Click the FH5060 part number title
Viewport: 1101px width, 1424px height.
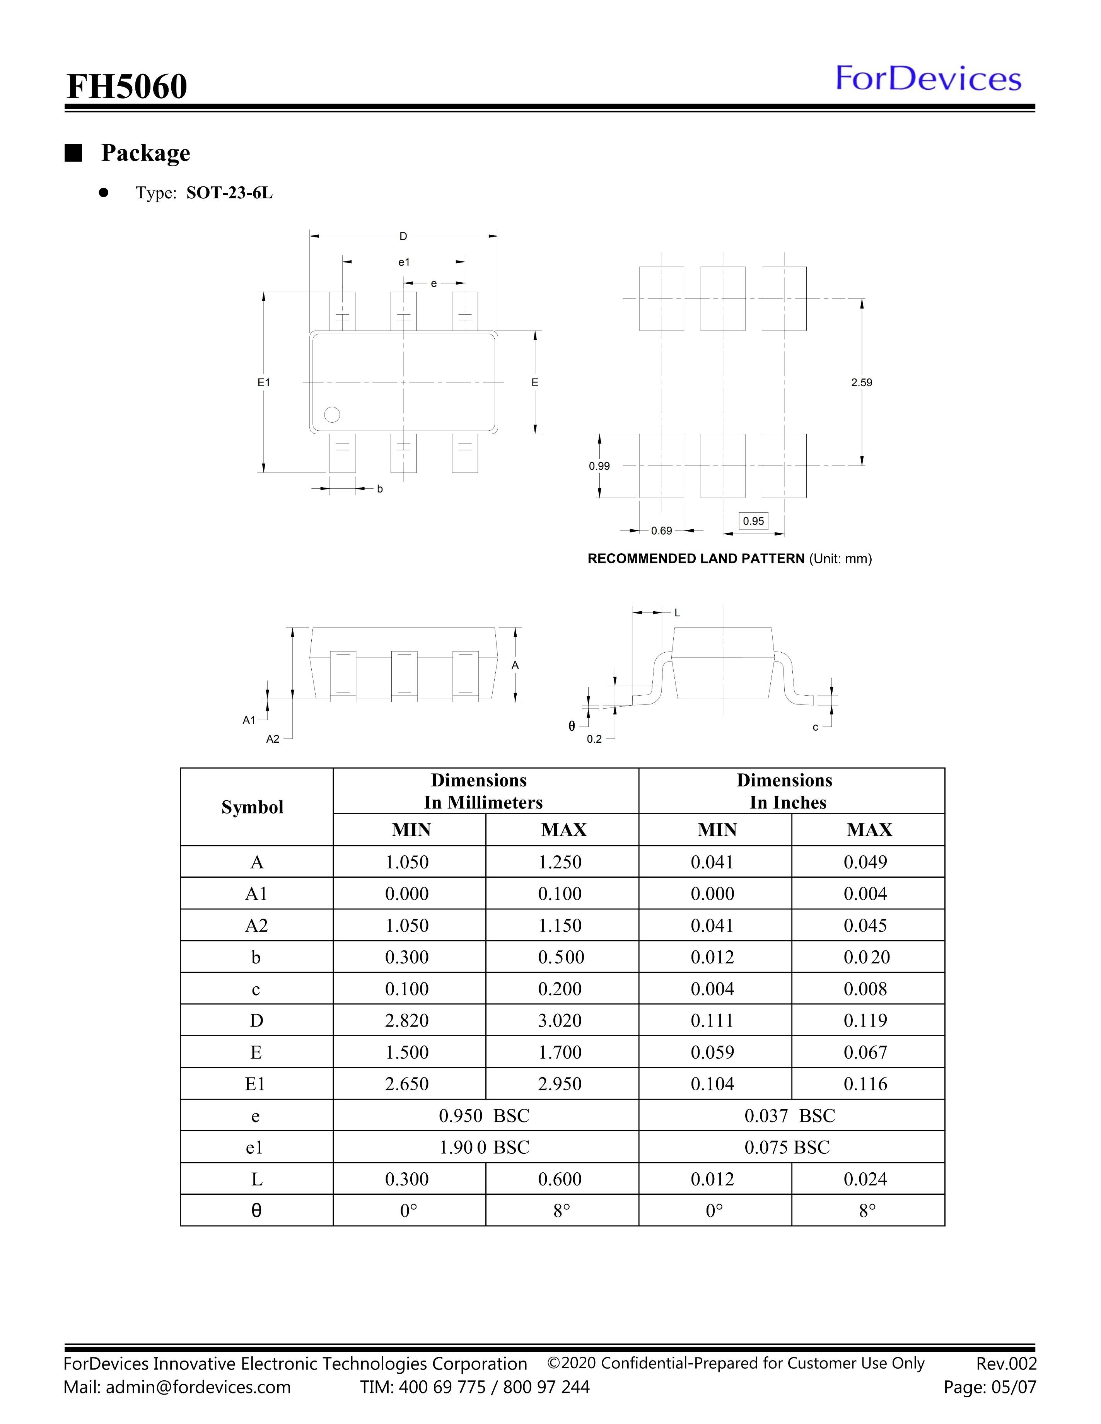point(127,86)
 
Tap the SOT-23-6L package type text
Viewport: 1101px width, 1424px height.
point(230,193)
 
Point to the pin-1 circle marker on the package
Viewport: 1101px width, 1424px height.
point(332,414)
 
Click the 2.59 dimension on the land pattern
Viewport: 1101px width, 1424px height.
point(861,383)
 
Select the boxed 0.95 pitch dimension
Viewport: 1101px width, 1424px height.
point(753,521)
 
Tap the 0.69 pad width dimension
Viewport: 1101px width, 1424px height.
point(661,531)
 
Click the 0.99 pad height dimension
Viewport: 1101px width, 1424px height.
point(599,466)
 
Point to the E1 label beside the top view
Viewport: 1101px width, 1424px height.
point(263,383)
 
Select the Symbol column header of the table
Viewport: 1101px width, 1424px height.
point(253,807)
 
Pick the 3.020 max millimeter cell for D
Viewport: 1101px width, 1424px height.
point(560,1020)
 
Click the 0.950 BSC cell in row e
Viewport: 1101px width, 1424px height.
point(484,1115)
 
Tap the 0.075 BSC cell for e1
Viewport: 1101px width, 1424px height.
point(787,1148)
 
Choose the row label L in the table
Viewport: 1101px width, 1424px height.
point(256,1179)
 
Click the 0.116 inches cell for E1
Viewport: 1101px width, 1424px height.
point(865,1084)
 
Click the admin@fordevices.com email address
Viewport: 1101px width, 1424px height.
point(198,1387)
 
